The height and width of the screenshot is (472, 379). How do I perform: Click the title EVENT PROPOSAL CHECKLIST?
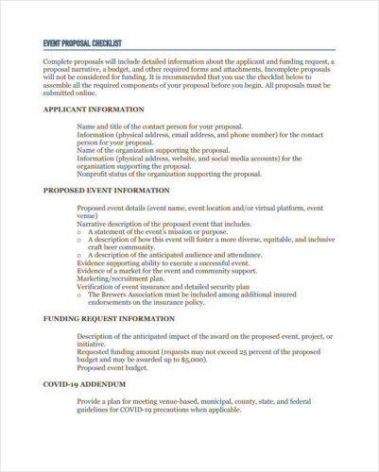click(91, 43)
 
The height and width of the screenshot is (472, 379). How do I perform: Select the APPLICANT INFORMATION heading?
click(94, 109)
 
